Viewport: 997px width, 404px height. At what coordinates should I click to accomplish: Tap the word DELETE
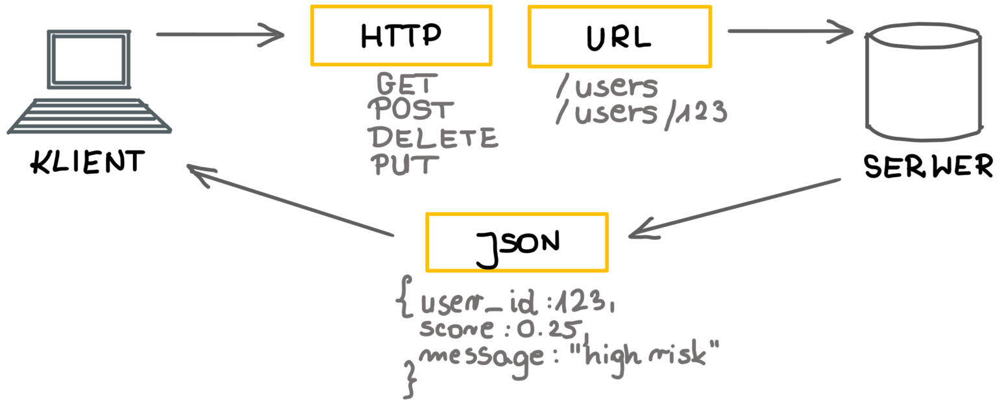(x=433, y=137)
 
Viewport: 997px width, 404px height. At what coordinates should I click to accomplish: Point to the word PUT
(x=402, y=164)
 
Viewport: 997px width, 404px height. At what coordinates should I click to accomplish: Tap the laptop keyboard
(x=90, y=117)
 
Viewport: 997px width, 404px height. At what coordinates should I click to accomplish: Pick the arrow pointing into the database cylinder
(x=789, y=31)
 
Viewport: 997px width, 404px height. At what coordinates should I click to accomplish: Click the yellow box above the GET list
(x=401, y=35)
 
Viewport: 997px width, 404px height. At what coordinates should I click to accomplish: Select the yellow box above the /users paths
(x=619, y=36)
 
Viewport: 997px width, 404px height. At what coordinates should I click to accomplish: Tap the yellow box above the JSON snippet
(x=517, y=242)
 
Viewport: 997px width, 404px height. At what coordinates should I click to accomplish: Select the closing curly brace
(x=410, y=379)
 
